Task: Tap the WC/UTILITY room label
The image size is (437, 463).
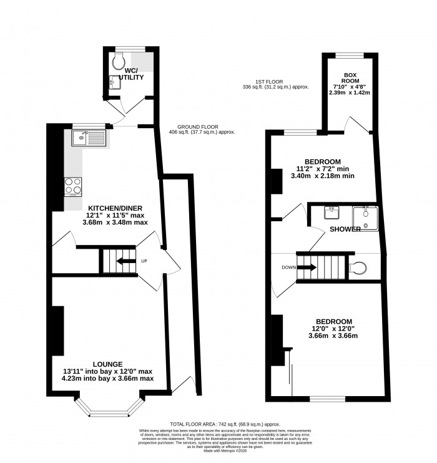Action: pos(134,74)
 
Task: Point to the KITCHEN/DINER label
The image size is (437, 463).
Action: pos(117,208)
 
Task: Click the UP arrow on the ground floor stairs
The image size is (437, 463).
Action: pos(125,261)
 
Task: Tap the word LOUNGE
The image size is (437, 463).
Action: pos(107,364)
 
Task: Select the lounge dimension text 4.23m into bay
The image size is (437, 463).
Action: pos(107,378)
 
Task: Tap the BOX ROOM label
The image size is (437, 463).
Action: pos(349,78)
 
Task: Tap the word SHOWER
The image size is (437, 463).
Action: pos(345,229)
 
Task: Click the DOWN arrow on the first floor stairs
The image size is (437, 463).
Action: pos(306,267)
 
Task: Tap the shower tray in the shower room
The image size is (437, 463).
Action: pos(365,217)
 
